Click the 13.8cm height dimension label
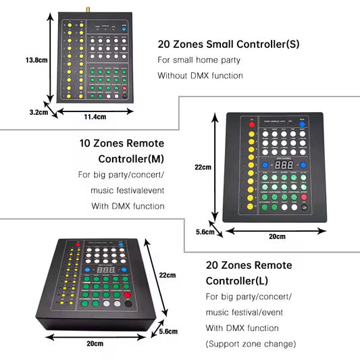click(35, 60)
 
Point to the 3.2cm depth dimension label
click(38, 112)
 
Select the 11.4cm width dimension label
click(95, 117)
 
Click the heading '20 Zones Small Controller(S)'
click(228, 45)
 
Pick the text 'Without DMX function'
click(200, 76)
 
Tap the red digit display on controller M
click(284, 165)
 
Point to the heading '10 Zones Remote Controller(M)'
click(122, 151)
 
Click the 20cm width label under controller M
click(277, 236)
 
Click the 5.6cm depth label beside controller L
click(169, 331)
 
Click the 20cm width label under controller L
click(95, 344)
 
